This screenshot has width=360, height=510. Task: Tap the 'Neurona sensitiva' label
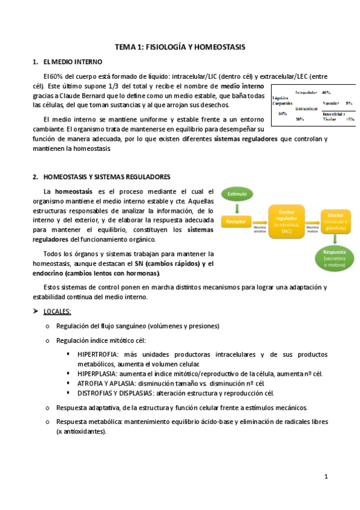(x=259, y=229)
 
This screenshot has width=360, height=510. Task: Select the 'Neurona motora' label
(x=312, y=229)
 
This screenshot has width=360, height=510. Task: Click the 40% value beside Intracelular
(x=326, y=93)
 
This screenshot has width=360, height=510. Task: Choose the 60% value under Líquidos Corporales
(x=283, y=113)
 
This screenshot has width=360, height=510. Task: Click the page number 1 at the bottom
(x=325, y=476)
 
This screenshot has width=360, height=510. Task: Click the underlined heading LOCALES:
(x=57, y=311)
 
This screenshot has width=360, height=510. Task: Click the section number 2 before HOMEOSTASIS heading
(x=34, y=177)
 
